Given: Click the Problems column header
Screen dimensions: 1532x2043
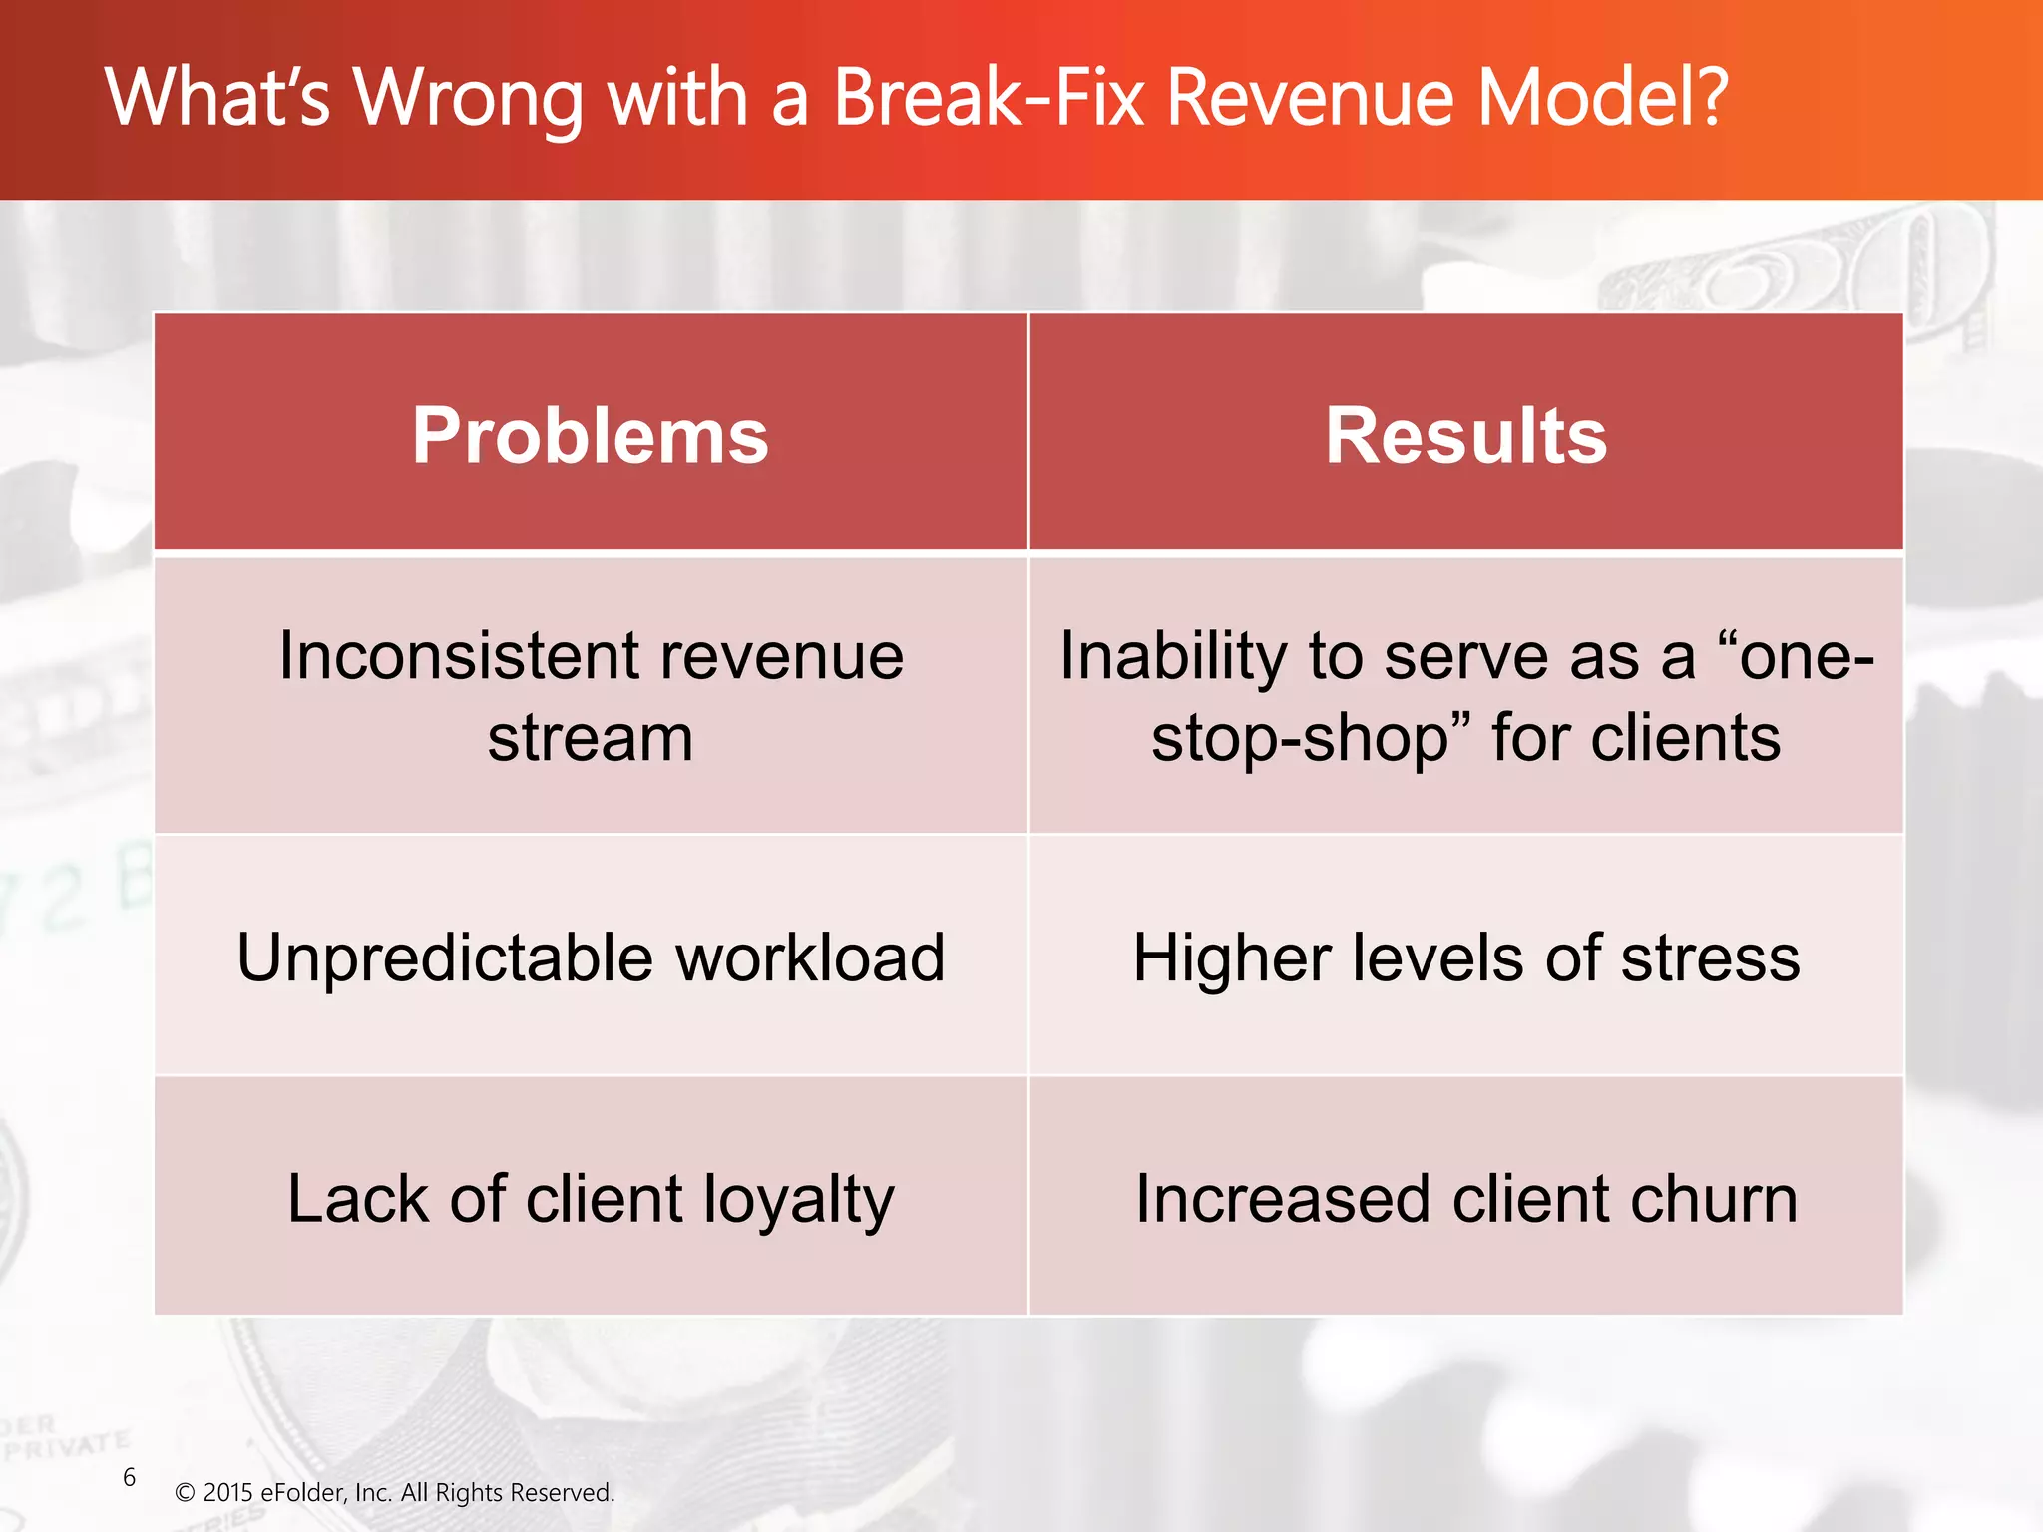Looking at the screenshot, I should point(591,436).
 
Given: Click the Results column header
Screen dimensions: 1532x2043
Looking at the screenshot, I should point(1465,436).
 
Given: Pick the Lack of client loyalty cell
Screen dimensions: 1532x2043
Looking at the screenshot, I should point(591,1198).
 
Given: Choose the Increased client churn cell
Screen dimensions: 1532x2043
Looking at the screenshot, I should point(1465,1198).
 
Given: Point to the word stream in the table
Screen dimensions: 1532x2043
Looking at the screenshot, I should point(591,738).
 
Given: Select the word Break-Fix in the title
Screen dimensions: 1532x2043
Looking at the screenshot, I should point(988,97).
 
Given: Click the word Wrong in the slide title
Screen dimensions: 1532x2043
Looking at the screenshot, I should point(469,97).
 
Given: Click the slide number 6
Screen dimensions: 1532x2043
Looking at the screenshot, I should point(129,1477).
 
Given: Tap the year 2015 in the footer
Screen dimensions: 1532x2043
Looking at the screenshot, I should point(227,1493).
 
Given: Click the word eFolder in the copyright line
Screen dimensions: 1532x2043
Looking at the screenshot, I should point(303,1493).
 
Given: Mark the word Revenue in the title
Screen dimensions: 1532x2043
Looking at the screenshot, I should point(1311,97).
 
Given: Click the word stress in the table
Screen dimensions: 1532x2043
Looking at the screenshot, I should point(1710,957).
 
